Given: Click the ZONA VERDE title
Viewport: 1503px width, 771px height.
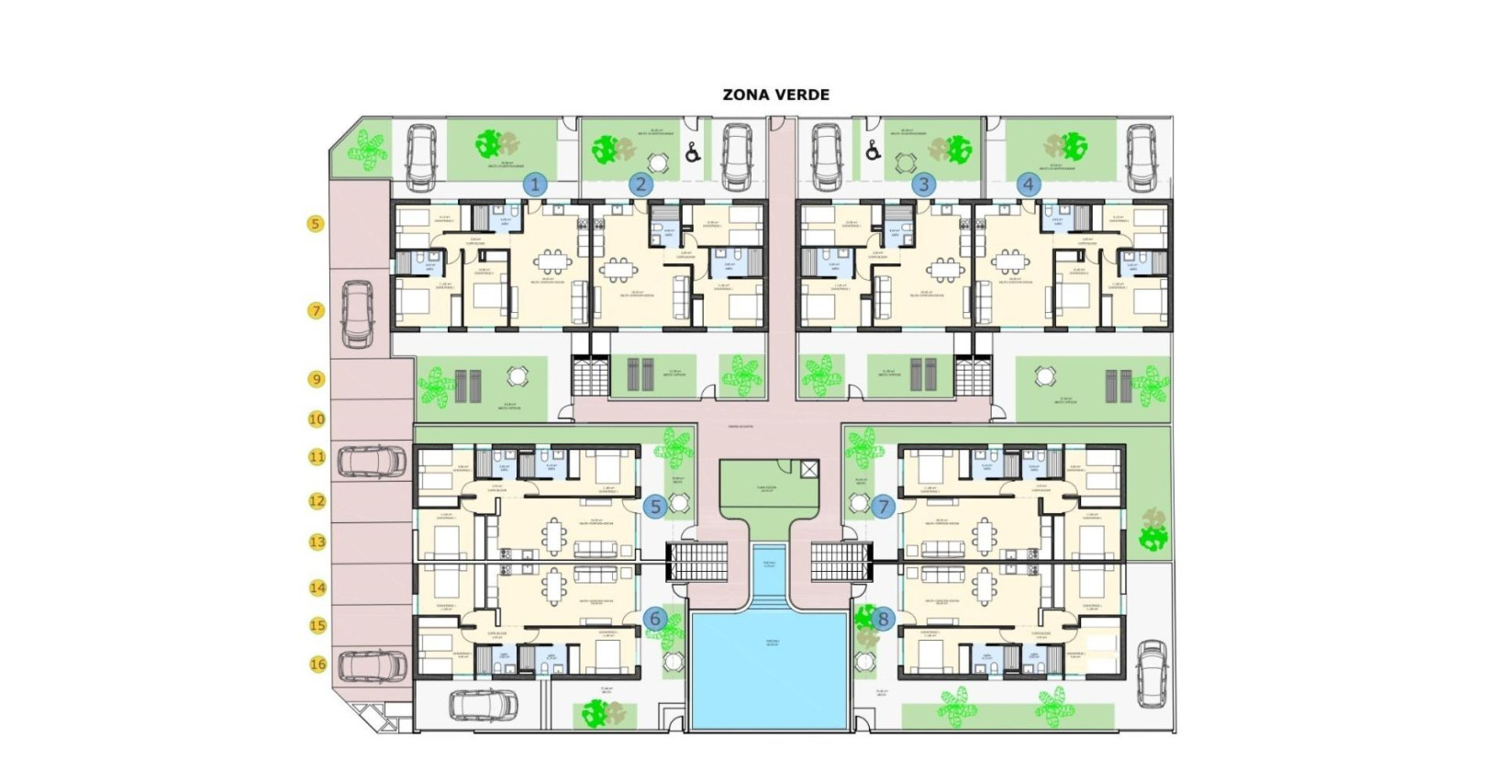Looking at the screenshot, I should pos(775,95).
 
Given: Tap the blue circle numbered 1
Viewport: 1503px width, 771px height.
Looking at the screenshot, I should pos(535,184).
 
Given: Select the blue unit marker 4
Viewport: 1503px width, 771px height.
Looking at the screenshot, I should pos(1029,184).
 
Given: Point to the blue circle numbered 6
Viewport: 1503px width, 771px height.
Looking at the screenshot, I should pos(655,619).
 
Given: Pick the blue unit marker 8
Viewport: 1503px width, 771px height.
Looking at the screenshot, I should pos(884,619).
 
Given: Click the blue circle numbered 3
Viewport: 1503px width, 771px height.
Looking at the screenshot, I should pos(924,184).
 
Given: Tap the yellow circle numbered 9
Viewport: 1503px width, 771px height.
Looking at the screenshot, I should pos(316,378).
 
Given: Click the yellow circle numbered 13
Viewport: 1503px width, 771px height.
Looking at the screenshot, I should pos(317,542).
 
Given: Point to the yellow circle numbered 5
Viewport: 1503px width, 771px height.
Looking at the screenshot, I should pos(316,223).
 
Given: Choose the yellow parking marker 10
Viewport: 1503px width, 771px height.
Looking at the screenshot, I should pos(317,419).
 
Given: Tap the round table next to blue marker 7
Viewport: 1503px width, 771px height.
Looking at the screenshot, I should pos(859,503).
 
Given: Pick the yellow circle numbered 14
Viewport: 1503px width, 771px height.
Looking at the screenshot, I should pos(317,587).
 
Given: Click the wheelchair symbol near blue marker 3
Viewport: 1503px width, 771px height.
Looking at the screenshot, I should pos(872,151).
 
